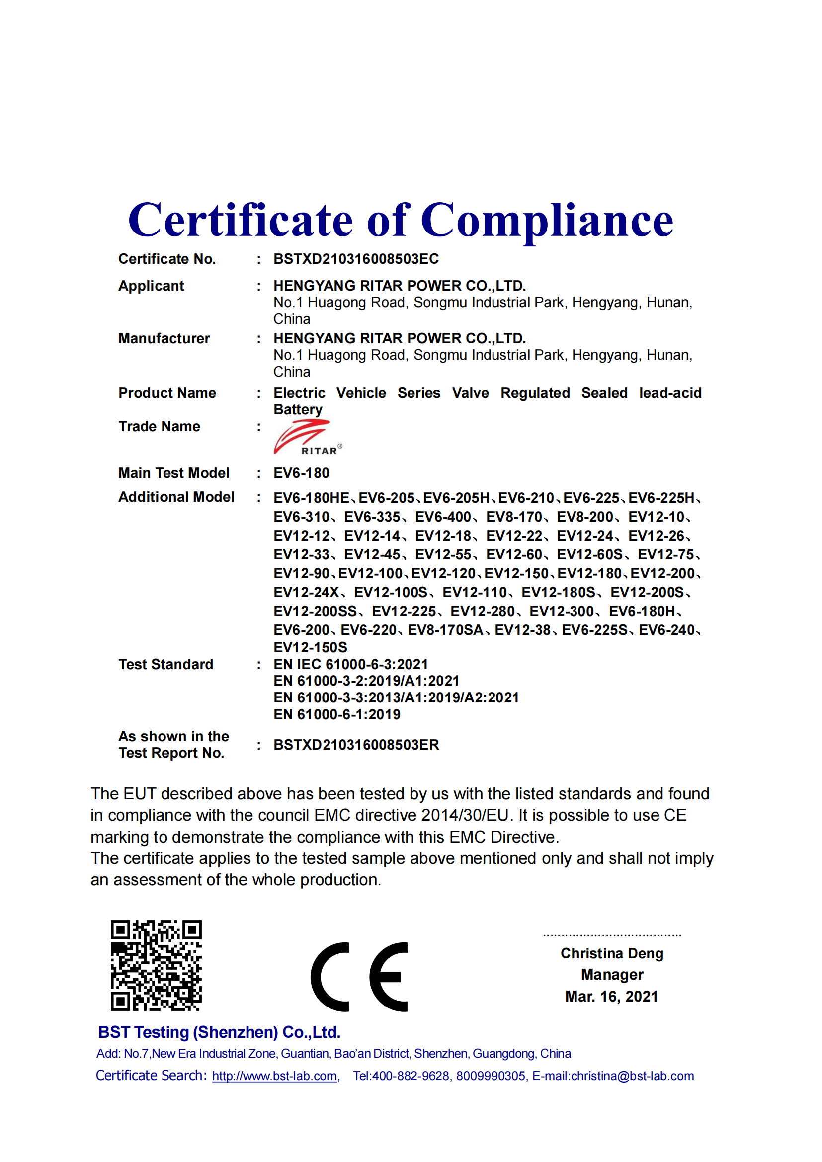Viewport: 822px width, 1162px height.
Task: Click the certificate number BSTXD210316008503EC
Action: [356, 259]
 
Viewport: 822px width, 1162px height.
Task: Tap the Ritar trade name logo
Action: [307, 437]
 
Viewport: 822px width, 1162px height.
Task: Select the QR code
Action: [156, 965]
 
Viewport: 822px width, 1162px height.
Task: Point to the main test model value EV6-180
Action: [301, 473]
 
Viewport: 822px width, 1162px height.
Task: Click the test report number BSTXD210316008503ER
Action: [356, 745]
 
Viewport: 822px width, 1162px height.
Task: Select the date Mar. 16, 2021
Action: [611, 997]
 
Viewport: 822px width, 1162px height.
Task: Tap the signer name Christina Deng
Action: [611, 953]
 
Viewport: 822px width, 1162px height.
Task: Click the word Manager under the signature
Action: [612, 975]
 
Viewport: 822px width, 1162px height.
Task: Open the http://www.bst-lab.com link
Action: [275, 1076]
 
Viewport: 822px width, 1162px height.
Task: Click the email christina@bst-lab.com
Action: [632, 1076]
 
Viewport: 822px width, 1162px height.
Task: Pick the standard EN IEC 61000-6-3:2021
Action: [351, 665]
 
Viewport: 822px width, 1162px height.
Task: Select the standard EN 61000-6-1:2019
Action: [336, 714]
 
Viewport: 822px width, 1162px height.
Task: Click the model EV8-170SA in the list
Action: [445, 630]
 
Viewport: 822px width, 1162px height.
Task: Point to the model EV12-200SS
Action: [315, 612]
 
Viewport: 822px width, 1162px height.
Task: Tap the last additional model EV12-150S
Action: [310, 648]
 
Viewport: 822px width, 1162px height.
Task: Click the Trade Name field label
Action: [159, 427]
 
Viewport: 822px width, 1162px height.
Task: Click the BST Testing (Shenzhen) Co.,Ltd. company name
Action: [219, 1032]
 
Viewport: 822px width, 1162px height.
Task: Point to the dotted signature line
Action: [612, 935]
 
